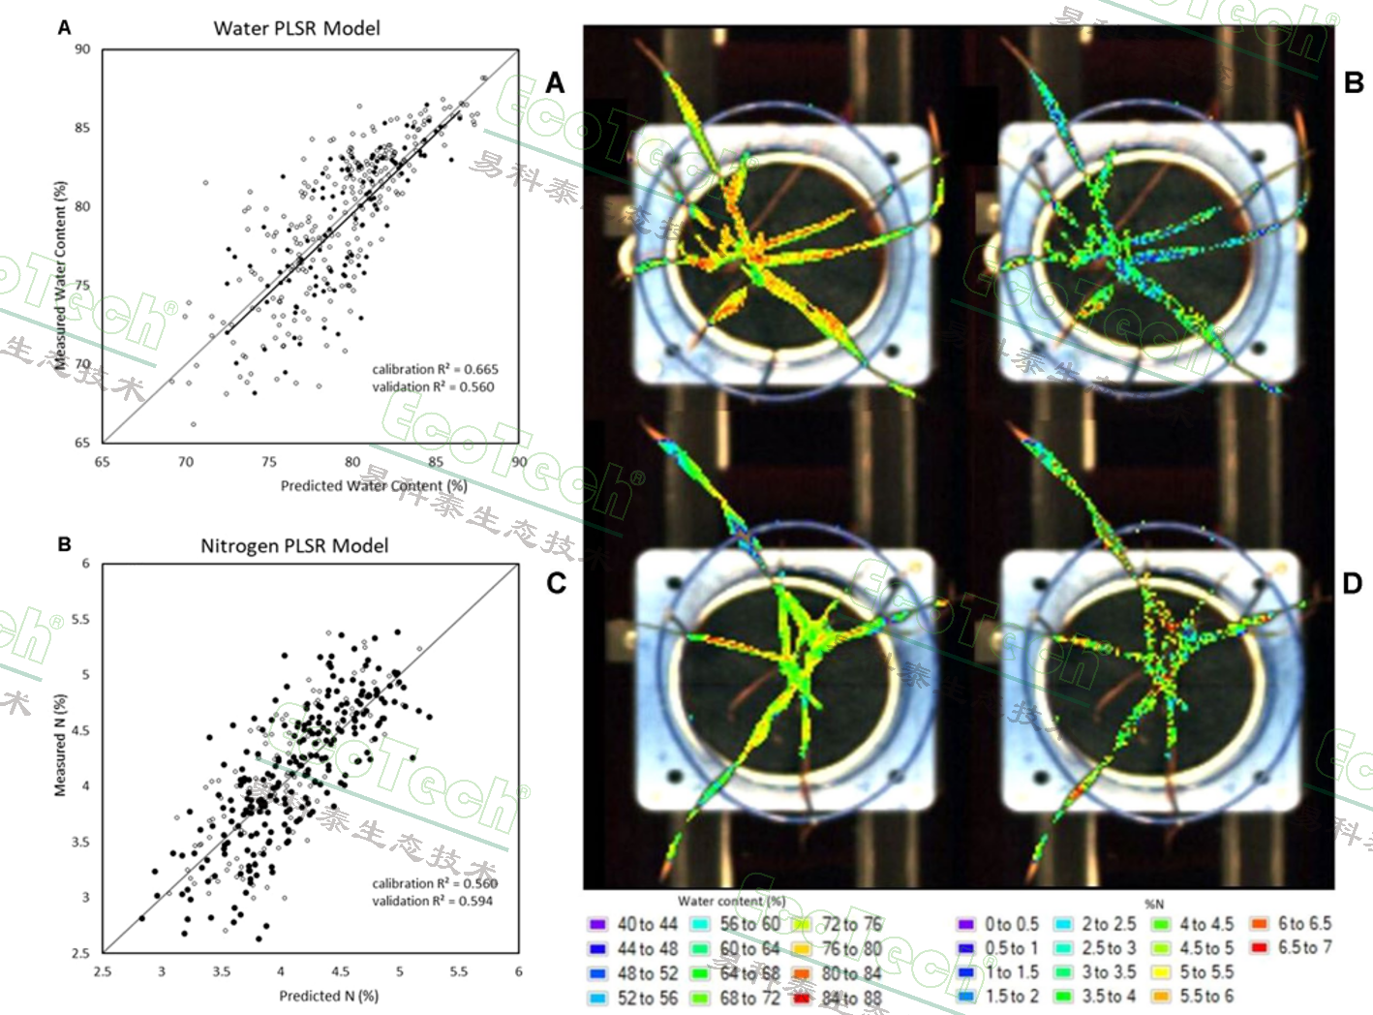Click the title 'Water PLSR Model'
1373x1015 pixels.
coord(296,28)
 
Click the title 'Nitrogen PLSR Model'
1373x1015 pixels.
coord(294,546)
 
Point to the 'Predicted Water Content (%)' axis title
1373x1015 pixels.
coord(374,485)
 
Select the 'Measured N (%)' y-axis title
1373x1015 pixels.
coord(60,746)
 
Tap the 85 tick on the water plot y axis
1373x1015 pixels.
coord(83,128)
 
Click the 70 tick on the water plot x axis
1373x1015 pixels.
coord(185,462)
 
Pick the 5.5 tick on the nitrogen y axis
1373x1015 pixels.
coord(80,620)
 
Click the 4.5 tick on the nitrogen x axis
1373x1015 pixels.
coord(340,971)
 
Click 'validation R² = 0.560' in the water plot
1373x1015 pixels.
coord(433,386)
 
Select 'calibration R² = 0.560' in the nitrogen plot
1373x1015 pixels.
coord(434,883)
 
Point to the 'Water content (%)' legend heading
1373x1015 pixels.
coord(732,902)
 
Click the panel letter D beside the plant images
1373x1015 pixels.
coord(1353,583)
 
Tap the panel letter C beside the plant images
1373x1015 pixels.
coord(557,583)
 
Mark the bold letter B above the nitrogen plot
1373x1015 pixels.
coord(64,544)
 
